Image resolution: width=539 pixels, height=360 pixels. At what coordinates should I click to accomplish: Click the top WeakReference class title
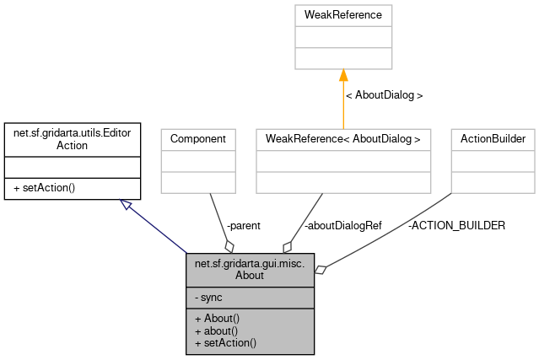pos(343,15)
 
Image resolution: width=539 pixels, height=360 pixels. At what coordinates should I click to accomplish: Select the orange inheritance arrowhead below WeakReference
pos(343,75)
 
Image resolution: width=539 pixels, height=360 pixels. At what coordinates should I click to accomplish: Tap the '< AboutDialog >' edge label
pos(384,95)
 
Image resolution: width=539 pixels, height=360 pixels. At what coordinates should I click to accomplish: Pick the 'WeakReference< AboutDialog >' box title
pos(343,137)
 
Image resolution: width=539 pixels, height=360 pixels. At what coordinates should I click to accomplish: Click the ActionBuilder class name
pos(493,137)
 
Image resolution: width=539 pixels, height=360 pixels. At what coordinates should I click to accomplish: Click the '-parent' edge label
pos(244,225)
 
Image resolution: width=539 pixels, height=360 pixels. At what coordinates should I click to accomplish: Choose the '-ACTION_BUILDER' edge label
pos(456,225)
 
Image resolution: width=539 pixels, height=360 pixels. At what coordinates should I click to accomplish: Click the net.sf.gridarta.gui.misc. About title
pos(250,269)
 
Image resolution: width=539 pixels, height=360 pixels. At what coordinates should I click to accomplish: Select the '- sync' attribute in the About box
pos(208,298)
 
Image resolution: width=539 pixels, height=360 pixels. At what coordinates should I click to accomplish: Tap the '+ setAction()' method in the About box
pos(225,343)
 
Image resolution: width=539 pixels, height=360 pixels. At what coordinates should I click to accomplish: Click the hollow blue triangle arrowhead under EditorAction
pos(126,203)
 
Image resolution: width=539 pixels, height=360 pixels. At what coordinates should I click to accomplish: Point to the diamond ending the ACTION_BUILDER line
pos(321,270)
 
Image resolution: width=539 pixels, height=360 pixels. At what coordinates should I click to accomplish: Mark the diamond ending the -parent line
pos(229,246)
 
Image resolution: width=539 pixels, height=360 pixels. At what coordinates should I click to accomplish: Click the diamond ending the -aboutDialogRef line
pos(288,246)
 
